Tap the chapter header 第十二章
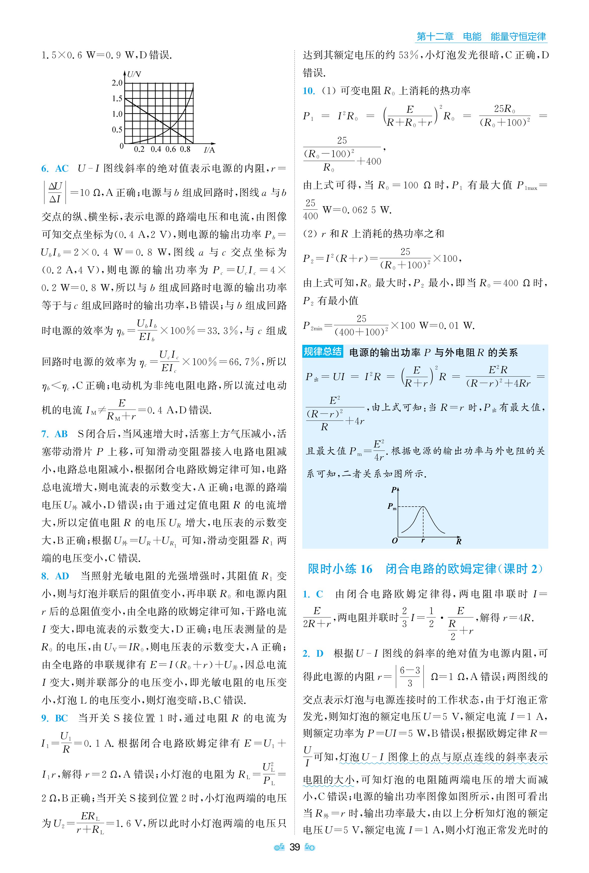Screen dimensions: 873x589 click(x=435, y=37)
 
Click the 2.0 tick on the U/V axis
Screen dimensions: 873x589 click(x=117, y=83)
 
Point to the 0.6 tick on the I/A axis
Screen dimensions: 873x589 click(x=171, y=149)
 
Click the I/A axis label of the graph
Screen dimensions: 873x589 click(x=209, y=150)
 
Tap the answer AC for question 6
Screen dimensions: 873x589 click(x=62, y=169)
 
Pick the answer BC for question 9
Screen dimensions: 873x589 click(x=61, y=718)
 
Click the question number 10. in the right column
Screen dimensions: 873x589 click(x=309, y=91)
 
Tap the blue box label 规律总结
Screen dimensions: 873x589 click(x=322, y=352)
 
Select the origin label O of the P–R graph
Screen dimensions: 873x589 click(x=394, y=541)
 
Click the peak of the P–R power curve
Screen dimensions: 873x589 click(x=423, y=507)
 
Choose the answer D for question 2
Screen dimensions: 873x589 click(x=320, y=654)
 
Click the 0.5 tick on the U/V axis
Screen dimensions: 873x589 click(x=117, y=129)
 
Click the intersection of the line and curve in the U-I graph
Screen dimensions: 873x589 click(x=170, y=129)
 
